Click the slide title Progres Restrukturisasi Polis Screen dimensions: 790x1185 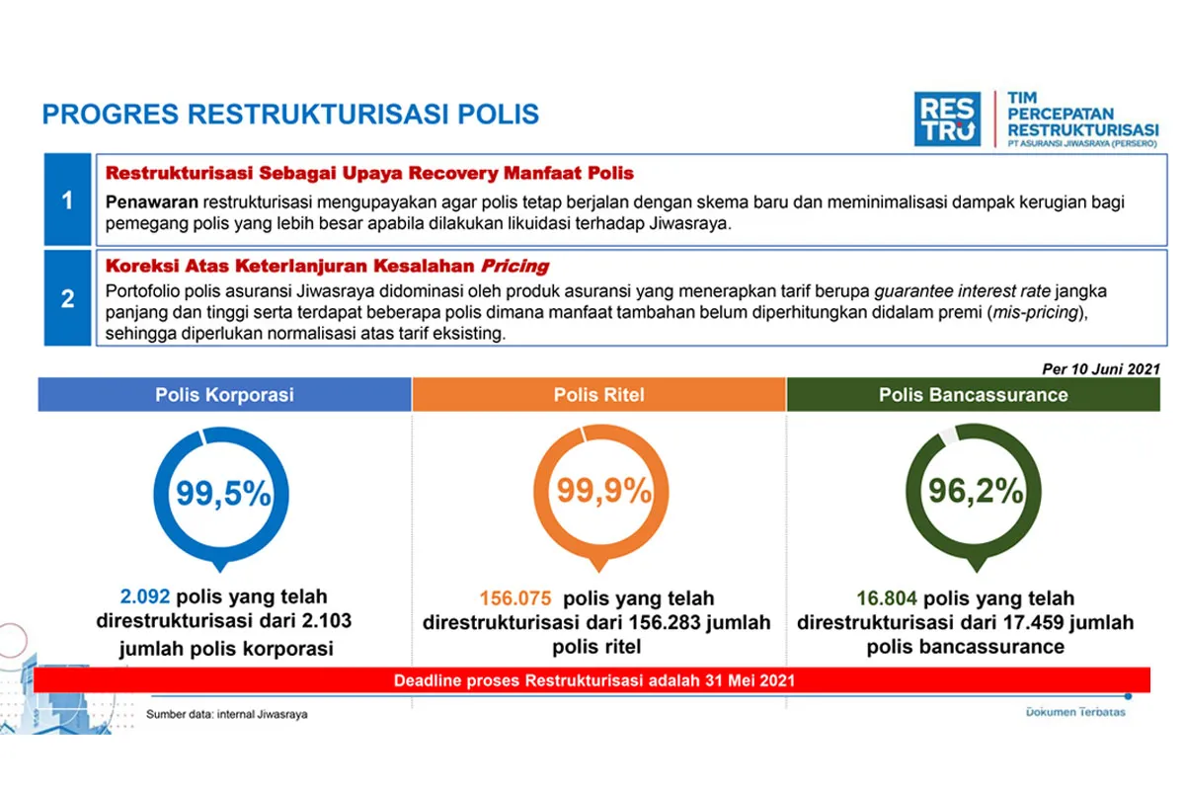290,114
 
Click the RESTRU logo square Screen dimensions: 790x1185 947,118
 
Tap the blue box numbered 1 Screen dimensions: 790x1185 67,200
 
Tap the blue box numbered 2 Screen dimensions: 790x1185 67,298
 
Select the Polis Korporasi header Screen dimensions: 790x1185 224,395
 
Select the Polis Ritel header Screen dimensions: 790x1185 598,395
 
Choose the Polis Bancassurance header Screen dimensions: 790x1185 973,395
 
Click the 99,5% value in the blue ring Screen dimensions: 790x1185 223,493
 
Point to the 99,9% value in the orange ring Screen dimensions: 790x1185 598,491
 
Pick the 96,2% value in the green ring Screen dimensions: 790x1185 975,491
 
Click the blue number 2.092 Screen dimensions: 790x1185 145,597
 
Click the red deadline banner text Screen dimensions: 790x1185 593,680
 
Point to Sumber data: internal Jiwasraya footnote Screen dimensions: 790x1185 227,714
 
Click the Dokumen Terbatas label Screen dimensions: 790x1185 1075,712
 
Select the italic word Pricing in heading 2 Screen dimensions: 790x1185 514,267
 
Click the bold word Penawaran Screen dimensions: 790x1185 152,201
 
